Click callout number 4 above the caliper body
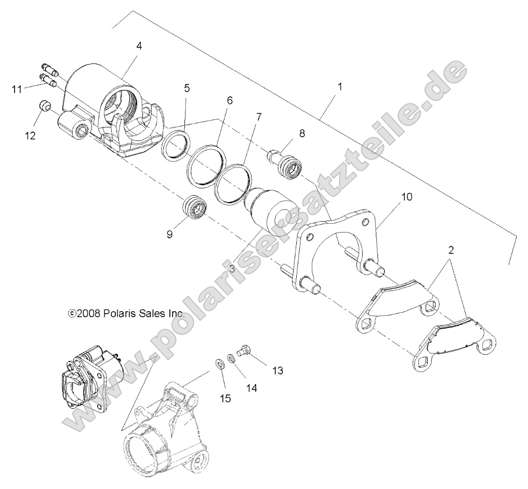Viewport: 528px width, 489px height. [139, 45]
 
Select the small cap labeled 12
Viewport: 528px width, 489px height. [45, 107]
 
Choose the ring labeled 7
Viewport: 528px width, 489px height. [233, 183]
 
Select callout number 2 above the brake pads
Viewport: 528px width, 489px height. [451, 250]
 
